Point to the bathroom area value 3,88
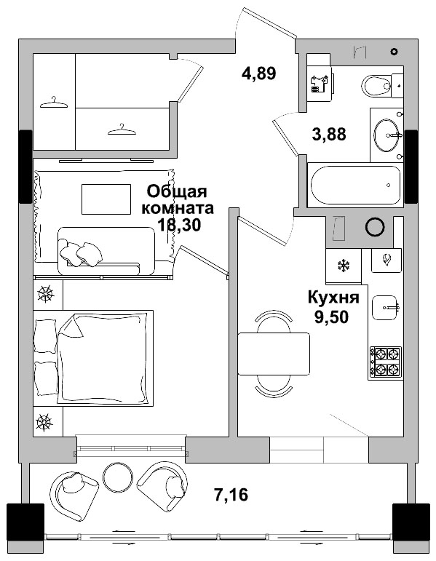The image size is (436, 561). [x=328, y=134]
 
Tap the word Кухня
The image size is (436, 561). [x=333, y=298]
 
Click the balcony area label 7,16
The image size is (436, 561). [x=231, y=496]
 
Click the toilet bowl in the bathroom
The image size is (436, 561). [x=379, y=87]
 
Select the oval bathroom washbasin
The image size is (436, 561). [x=387, y=135]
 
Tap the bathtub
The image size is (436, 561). [x=355, y=186]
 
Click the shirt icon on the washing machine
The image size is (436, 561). [x=317, y=82]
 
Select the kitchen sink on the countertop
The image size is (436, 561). [x=386, y=308]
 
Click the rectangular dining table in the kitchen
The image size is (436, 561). [x=275, y=352]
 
